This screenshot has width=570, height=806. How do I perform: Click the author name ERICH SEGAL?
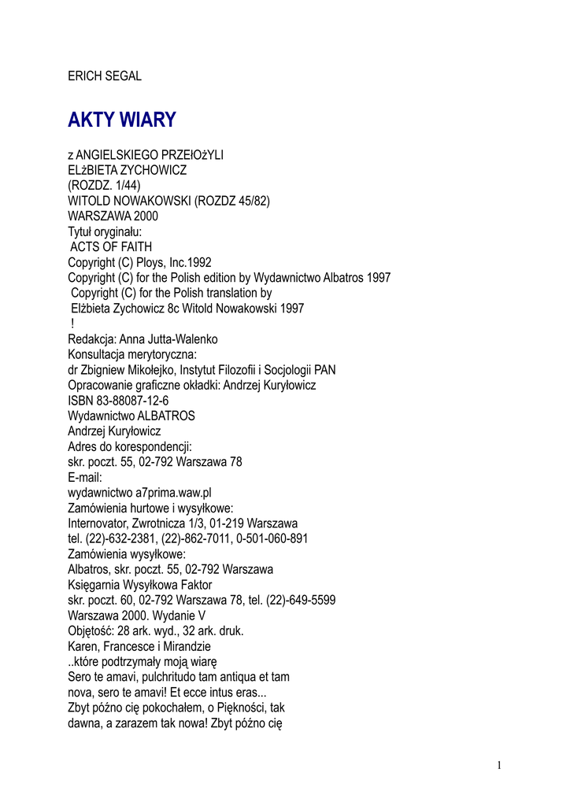coord(105,76)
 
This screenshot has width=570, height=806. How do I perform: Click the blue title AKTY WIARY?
coord(122,120)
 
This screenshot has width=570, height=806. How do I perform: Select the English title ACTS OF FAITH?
coord(111,247)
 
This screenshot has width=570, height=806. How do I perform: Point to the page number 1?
coord(499,765)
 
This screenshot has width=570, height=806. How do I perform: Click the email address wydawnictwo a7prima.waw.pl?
coord(139,493)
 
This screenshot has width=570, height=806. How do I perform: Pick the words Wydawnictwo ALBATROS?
coord(131,416)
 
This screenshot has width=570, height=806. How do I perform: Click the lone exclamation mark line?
coord(72,324)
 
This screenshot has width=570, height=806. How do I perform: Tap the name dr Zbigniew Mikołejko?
coord(124,370)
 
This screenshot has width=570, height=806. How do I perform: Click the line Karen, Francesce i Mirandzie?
coord(139,646)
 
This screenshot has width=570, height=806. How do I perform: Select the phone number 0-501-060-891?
coord(271,538)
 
